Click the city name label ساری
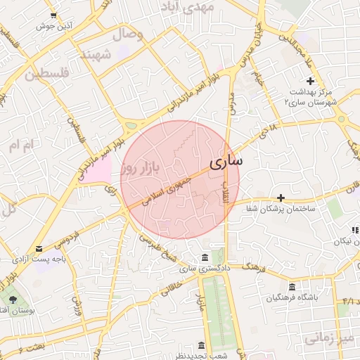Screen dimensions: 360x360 tap(226, 162)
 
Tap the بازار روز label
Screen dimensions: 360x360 tap(141, 167)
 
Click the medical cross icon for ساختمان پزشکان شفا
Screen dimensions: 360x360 tap(281, 198)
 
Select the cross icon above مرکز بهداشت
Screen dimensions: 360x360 tap(310, 82)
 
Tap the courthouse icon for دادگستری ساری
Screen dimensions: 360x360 tap(204, 257)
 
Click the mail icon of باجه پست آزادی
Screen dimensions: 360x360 tap(39, 248)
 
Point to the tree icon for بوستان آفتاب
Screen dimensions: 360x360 tap(13, 300)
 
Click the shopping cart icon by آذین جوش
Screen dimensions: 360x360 tap(54, 15)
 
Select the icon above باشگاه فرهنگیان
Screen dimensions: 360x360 tap(292, 285)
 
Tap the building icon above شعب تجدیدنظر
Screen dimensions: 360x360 tap(202, 345)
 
